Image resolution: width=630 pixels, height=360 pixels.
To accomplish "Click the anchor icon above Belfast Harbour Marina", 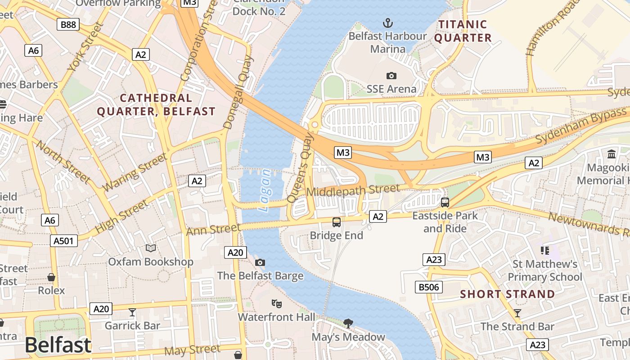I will (387, 22).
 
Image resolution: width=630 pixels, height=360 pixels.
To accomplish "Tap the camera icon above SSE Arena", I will (391, 76).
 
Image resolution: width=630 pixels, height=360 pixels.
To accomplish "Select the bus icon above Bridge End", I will (336, 222).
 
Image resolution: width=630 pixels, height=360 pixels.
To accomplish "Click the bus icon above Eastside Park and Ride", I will (445, 202).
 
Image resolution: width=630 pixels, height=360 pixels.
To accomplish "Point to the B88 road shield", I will (68, 24).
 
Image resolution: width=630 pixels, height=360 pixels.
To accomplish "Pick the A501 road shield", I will (63, 241).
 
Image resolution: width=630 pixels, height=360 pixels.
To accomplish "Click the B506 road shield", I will (429, 287).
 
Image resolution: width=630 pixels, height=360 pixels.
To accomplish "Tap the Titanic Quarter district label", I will (463, 31).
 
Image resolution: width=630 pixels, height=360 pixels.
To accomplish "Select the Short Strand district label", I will (507, 294).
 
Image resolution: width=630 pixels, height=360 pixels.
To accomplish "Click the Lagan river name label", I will (265, 190).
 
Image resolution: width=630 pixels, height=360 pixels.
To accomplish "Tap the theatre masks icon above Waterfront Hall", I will (276, 304).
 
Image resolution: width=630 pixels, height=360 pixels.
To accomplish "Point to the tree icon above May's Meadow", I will (348, 323).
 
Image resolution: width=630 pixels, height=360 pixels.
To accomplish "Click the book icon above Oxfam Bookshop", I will (151, 248).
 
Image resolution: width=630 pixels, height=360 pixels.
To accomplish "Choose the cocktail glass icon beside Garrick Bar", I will (132, 312).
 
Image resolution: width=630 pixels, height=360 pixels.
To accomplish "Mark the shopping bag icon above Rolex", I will (51, 277).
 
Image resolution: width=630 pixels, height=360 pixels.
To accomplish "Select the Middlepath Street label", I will (353, 191).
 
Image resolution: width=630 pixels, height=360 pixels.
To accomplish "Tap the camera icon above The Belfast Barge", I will (260, 262).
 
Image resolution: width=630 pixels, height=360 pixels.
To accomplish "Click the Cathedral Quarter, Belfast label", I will (156, 104).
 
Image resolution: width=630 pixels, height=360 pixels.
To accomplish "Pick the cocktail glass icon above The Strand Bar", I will (517, 313).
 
